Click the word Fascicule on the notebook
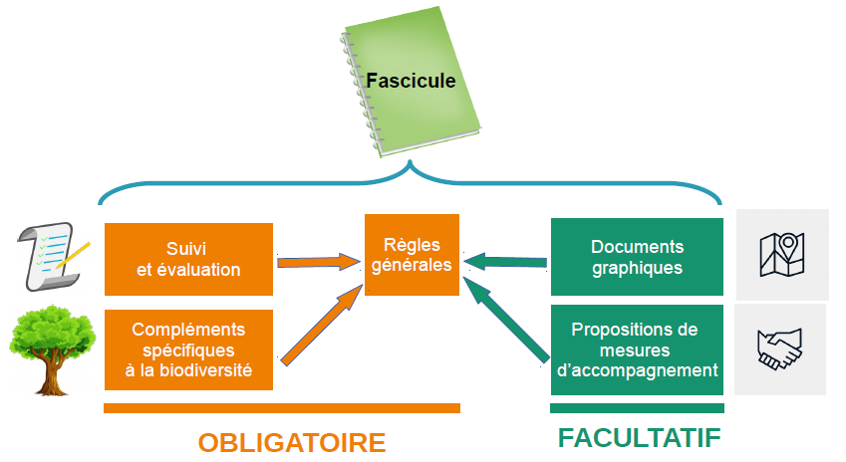click(411, 80)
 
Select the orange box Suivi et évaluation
click(188, 259)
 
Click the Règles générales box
click(412, 255)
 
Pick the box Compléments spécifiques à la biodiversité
click(188, 349)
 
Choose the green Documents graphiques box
click(637, 257)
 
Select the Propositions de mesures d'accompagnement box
click(637, 349)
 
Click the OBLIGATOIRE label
click(291, 442)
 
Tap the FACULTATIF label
click(639, 439)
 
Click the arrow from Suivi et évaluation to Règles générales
click(318, 263)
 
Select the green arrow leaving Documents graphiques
click(506, 262)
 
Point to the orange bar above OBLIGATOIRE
click(282, 408)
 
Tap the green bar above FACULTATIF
click(637, 408)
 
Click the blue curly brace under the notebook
click(412, 179)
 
